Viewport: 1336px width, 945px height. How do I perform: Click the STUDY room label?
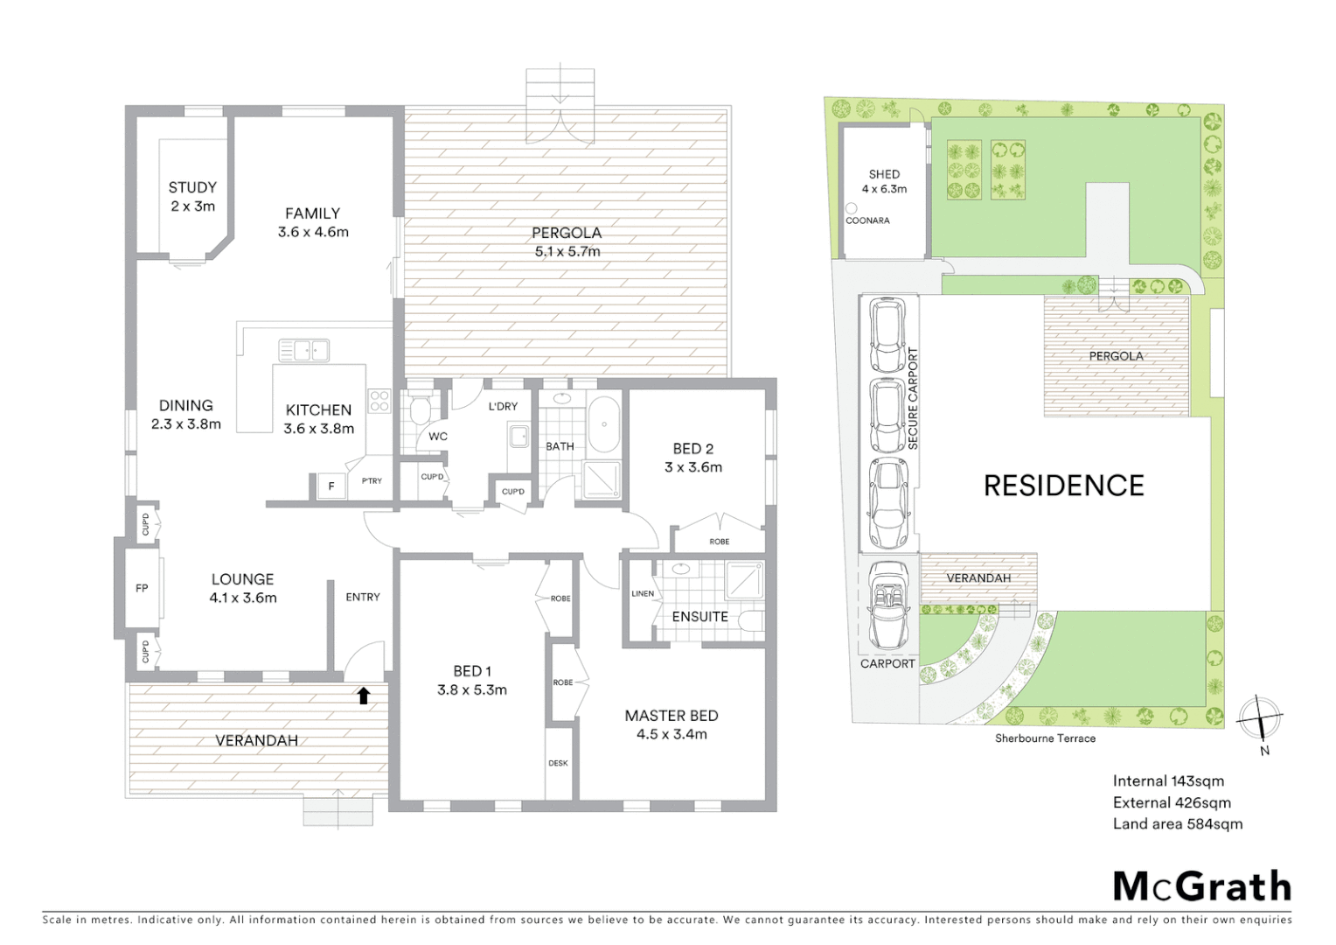pyautogui.click(x=192, y=187)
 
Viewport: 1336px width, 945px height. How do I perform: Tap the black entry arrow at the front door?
pyautogui.click(x=364, y=696)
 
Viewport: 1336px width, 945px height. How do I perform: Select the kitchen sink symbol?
pyautogui.click(x=303, y=350)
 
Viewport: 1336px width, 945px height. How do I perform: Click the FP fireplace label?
pyautogui.click(x=142, y=588)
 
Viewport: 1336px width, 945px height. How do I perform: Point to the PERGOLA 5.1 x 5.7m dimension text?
pyautogui.click(x=567, y=252)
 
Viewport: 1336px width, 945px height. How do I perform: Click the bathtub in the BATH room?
pyautogui.click(x=603, y=424)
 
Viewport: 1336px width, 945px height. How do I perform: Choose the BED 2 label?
pyautogui.click(x=692, y=448)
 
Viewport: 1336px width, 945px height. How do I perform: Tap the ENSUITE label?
pyautogui.click(x=699, y=617)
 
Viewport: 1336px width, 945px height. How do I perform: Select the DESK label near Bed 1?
pyautogui.click(x=558, y=763)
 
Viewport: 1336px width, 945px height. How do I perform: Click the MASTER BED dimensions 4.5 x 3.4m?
pyautogui.click(x=671, y=734)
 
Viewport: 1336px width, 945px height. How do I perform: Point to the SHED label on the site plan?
pyautogui.click(x=884, y=174)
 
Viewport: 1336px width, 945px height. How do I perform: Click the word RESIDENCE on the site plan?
pyautogui.click(x=1063, y=486)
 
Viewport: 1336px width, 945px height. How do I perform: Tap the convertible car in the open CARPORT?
pyautogui.click(x=887, y=604)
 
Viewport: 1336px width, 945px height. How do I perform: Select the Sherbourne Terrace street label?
pyautogui.click(x=1045, y=738)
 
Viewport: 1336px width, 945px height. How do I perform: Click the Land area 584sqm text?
pyautogui.click(x=1177, y=823)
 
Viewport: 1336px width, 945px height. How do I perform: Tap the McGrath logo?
pyautogui.click(x=1201, y=886)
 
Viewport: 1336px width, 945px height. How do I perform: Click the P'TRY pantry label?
pyautogui.click(x=372, y=480)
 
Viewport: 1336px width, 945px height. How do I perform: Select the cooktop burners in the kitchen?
pyautogui.click(x=379, y=401)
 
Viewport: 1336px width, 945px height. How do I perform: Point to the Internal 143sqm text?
pyautogui.click(x=1168, y=780)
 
